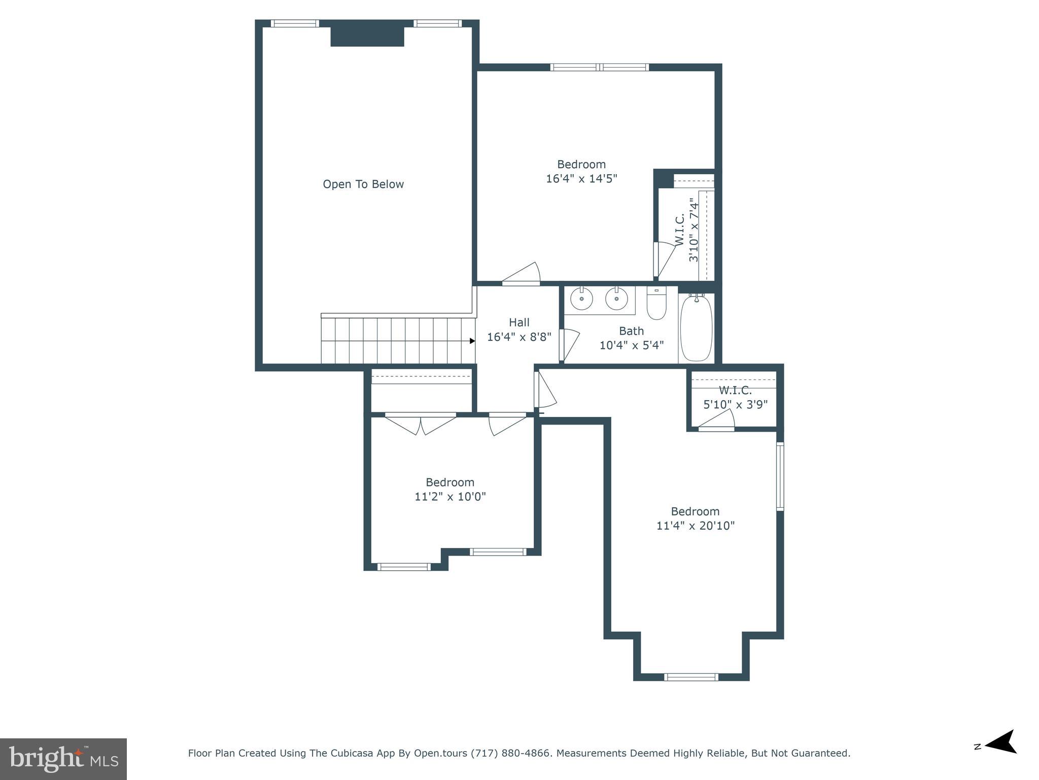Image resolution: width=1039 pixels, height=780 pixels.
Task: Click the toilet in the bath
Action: click(x=656, y=305)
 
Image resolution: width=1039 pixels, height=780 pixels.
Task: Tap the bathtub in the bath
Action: click(x=696, y=328)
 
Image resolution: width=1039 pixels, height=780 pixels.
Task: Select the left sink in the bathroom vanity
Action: click(x=581, y=299)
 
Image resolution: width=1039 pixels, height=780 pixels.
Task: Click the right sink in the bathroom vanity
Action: click(x=616, y=299)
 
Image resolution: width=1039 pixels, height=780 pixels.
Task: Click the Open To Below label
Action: click(x=363, y=184)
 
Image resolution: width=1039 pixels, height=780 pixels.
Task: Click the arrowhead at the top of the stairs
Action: click(x=472, y=341)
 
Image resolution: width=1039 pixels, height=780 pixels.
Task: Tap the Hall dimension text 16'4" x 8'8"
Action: click(x=519, y=337)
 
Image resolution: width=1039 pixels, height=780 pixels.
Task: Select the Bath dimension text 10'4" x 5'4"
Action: click(x=632, y=345)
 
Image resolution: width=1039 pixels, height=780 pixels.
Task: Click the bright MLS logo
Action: click(x=63, y=759)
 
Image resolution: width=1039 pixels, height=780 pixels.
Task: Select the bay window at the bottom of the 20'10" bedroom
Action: click(x=691, y=676)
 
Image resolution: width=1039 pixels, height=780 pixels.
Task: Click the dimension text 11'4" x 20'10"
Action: click(x=696, y=526)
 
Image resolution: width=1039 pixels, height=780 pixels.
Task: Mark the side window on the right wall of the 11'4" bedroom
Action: click(x=780, y=476)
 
